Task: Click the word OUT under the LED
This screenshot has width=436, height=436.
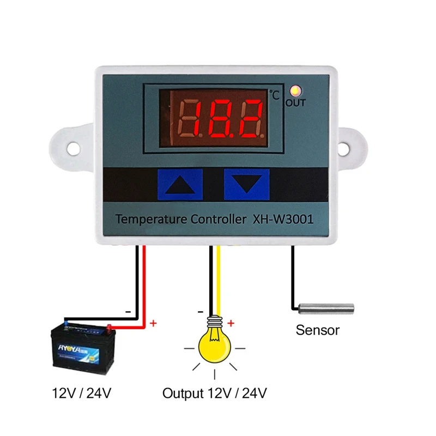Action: click(x=296, y=102)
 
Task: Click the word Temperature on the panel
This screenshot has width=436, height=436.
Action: click(x=149, y=220)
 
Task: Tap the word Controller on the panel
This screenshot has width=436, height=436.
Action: click(x=215, y=220)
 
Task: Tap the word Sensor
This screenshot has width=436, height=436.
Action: click(x=317, y=330)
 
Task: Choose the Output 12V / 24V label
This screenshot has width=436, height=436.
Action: click(x=215, y=393)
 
